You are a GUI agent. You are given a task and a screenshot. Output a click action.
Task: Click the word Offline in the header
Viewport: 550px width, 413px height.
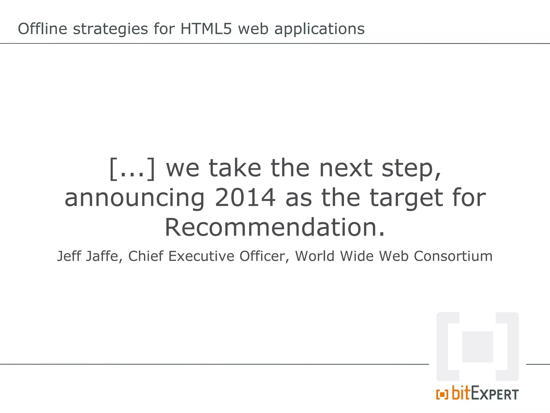click(42, 29)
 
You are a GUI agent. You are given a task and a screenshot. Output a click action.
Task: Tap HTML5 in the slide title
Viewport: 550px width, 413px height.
click(206, 29)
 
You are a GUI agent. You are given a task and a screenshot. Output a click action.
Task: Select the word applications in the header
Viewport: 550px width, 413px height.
click(319, 29)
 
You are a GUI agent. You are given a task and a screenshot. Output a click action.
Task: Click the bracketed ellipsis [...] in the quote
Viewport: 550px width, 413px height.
click(132, 169)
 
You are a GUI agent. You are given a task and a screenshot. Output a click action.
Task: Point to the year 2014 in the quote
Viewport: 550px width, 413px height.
click(245, 198)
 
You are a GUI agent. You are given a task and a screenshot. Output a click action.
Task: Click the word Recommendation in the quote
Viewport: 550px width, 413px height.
click(274, 228)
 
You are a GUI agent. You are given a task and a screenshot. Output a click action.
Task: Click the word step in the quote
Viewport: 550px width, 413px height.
click(411, 169)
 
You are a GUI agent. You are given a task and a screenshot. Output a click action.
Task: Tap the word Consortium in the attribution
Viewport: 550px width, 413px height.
click(453, 256)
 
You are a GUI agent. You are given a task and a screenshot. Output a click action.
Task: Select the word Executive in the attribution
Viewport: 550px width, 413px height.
click(201, 256)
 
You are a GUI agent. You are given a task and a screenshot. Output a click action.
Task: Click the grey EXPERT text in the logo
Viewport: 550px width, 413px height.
click(495, 395)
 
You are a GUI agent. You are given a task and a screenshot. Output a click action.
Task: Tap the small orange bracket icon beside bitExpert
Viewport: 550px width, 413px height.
click(442, 394)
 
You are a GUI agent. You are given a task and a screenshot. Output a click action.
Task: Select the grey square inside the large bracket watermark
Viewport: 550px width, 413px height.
click(477, 347)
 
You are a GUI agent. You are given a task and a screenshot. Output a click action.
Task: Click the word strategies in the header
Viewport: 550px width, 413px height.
click(110, 29)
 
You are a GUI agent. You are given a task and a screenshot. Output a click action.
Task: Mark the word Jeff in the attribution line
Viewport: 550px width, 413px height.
click(69, 256)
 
